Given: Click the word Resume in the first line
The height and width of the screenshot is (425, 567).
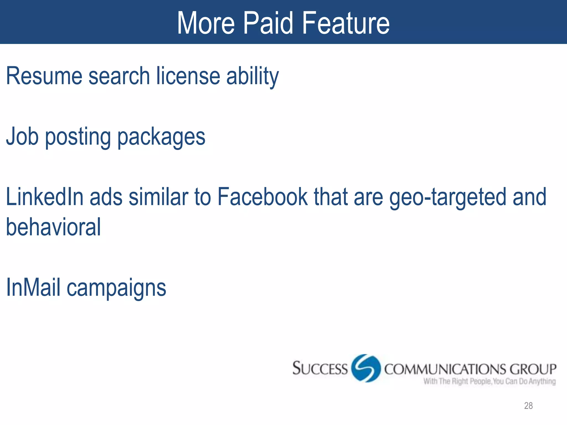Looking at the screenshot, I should [44, 76].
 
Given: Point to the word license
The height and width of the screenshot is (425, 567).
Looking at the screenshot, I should [188, 76].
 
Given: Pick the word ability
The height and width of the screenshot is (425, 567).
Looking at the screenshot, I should [252, 76].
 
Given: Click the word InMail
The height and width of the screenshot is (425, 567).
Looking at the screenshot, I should [33, 287].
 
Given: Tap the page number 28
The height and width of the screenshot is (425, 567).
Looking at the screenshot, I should [528, 406].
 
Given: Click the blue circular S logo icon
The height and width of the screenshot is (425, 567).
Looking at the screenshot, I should [366, 368].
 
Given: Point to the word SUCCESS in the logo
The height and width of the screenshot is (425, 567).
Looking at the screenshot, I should [320, 369].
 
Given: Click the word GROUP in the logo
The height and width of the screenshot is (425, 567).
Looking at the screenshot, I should [533, 369].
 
